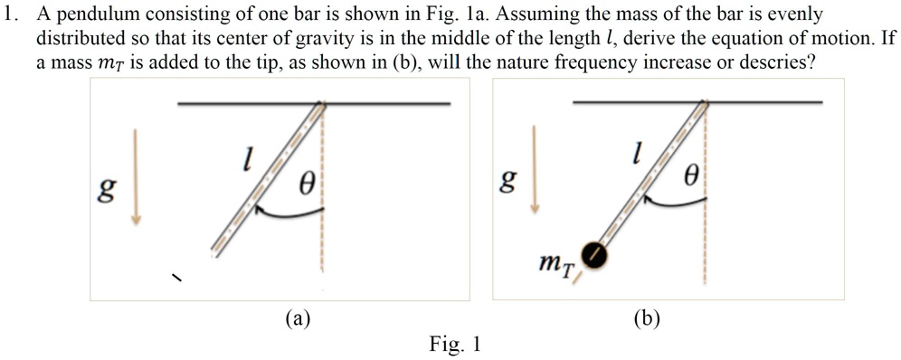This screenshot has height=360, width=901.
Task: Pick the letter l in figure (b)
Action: (x=638, y=155)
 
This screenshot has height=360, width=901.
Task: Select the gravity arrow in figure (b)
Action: (x=536, y=168)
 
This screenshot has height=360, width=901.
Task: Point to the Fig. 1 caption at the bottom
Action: (x=457, y=345)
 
